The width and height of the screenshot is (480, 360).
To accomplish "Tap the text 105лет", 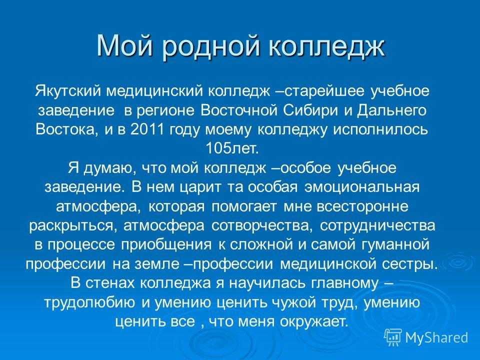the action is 232,149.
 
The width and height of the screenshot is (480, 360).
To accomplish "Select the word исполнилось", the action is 380,129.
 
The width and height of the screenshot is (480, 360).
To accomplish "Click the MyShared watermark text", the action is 436,338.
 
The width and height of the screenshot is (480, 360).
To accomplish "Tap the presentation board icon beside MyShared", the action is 393,337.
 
